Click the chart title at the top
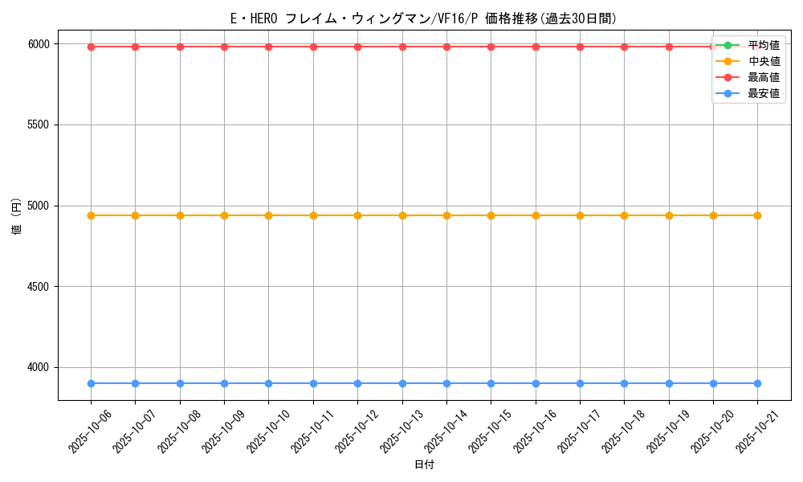(x=423, y=18)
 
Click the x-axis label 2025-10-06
(x=90, y=431)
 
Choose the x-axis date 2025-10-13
(x=401, y=431)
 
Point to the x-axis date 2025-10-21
(x=756, y=431)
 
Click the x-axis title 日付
(x=424, y=465)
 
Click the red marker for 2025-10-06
(x=91, y=47)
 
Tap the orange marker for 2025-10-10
(x=268, y=215)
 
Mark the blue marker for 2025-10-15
(x=491, y=383)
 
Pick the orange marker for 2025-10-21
(x=757, y=215)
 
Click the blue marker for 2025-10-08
(x=180, y=383)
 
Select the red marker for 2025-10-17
(x=580, y=47)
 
